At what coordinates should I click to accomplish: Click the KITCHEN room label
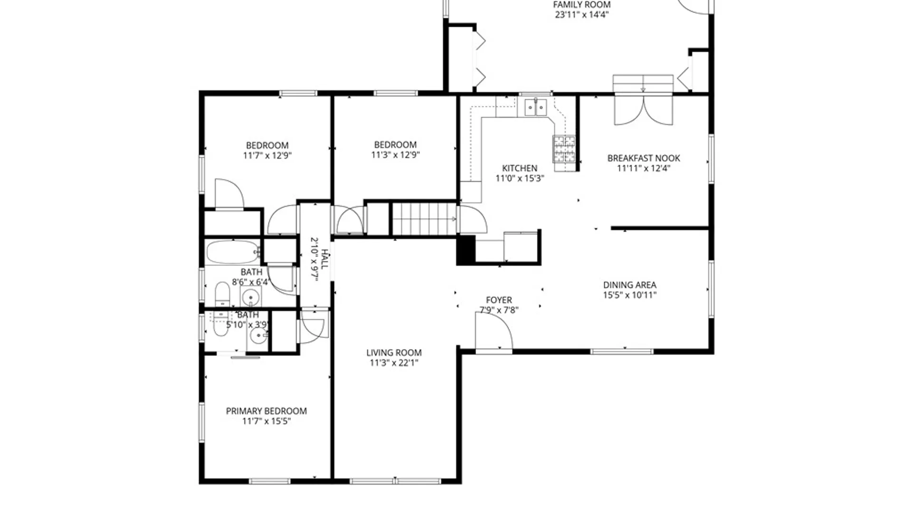520,168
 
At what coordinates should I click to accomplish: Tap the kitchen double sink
535,107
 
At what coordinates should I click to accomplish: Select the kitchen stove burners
564,149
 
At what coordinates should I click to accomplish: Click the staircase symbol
424,219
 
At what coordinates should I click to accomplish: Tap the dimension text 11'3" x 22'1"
394,363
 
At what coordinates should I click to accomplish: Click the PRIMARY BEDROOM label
266,411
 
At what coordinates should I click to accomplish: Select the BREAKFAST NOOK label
644,158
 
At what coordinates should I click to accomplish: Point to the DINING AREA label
629,285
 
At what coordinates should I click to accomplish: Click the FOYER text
499,300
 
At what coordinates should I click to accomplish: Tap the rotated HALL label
324,259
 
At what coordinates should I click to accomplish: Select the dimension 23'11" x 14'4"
581,15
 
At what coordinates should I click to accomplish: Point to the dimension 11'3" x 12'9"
395,155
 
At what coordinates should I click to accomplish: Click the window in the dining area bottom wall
622,351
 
